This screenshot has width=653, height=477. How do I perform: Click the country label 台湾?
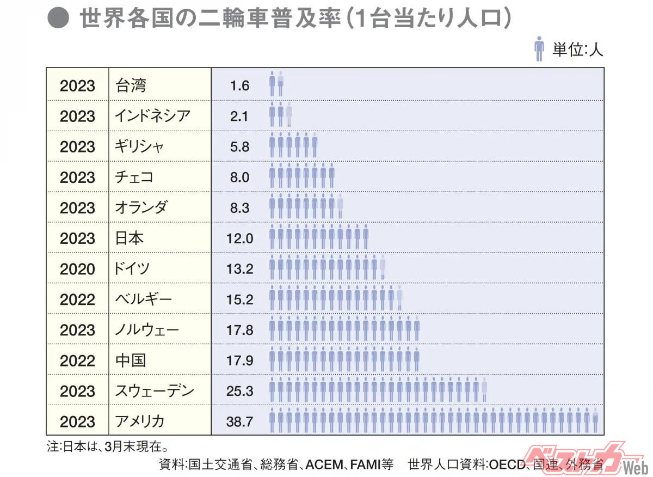(x=131, y=85)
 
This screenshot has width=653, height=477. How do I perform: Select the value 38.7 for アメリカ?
(x=239, y=421)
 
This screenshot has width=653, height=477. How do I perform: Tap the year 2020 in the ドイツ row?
(x=77, y=269)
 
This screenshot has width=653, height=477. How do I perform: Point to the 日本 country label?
(x=130, y=238)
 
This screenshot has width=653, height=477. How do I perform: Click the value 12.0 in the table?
(x=239, y=238)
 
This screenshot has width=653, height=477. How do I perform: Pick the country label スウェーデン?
(x=155, y=391)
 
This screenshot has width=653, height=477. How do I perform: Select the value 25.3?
(x=239, y=391)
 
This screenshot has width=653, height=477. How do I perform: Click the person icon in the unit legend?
(x=539, y=49)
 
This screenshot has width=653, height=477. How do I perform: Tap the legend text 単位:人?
(x=578, y=50)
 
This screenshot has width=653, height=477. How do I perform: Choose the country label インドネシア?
(x=153, y=116)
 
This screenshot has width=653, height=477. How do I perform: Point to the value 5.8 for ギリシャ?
(x=239, y=146)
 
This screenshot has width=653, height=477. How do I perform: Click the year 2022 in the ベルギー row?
(x=77, y=299)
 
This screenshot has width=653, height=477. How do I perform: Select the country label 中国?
(x=131, y=360)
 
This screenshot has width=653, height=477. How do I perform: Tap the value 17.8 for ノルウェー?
(x=239, y=330)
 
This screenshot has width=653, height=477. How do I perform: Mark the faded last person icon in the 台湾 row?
(x=281, y=85)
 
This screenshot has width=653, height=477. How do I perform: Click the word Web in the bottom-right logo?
(x=634, y=468)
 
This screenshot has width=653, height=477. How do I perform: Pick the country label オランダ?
(x=141, y=208)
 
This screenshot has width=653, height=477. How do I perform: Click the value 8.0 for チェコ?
(x=239, y=177)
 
